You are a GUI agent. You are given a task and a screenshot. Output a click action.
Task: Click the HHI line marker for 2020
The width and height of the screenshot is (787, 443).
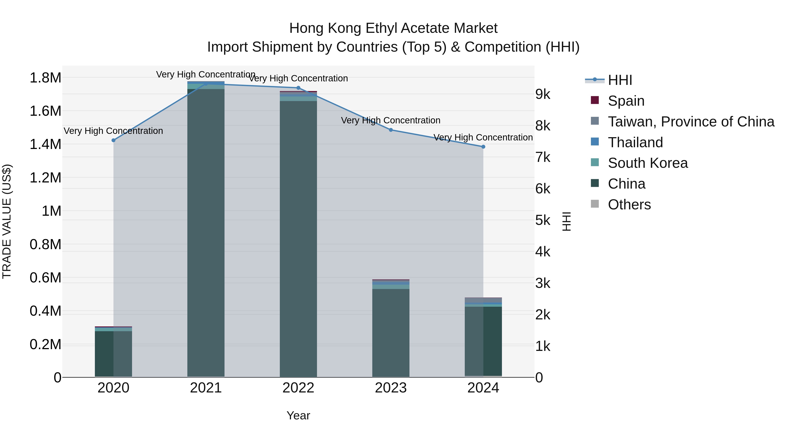coord(113,140)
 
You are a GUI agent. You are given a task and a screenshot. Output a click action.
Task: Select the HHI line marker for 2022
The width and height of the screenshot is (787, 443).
coord(298,88)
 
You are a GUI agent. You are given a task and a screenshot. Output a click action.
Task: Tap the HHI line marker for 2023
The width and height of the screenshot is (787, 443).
coord(391,130)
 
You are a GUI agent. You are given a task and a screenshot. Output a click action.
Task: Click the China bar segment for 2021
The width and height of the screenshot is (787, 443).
coord(206,232)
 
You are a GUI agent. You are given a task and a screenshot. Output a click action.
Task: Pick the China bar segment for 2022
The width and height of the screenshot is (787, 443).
coord(298,238)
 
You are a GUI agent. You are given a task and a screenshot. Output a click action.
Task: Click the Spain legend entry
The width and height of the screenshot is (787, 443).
coord(626,101)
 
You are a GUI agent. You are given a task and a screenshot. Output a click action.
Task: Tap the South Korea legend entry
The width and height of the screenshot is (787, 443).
coord(648,163)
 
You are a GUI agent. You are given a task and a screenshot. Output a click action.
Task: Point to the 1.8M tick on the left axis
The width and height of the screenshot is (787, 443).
coord(45,78)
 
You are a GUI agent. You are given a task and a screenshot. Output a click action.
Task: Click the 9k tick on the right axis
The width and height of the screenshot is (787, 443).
coord(543,95)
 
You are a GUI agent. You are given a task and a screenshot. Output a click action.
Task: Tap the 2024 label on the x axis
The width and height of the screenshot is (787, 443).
coord(483,388)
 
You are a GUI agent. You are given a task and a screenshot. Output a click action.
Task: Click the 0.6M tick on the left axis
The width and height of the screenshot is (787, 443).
coord(45,278)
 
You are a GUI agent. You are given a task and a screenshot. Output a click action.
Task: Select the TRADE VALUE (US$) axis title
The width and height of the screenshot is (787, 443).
coord(7,221)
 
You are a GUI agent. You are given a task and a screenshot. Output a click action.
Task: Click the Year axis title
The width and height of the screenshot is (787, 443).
coord(298,415)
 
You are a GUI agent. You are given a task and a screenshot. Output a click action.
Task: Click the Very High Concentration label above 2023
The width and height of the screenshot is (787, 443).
coord(390,121)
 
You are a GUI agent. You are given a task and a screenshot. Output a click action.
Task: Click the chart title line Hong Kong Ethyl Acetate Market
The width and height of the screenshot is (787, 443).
coord(393,28)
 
